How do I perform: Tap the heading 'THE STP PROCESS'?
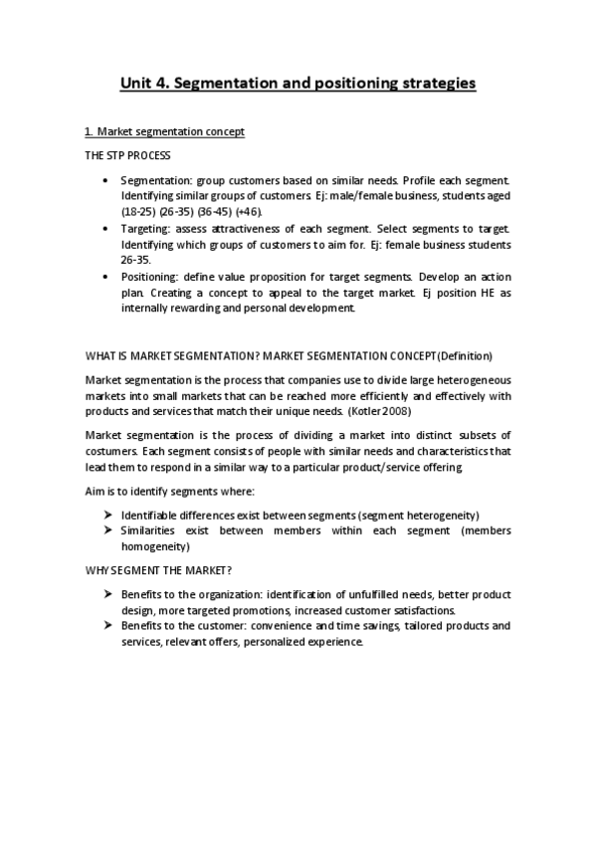click(127, 155)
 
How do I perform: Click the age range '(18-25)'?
click(137, 212)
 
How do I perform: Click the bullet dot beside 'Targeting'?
click(106, 228)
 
